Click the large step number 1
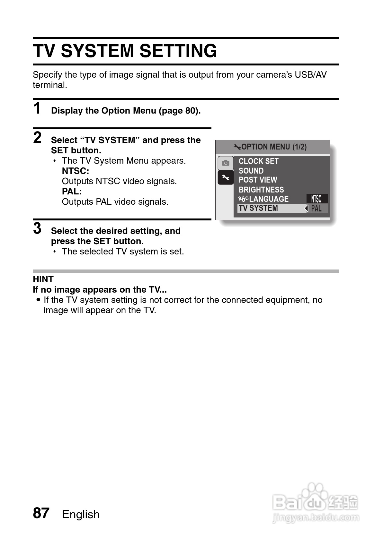click(x=37, y=108)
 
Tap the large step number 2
click(x=37, y=138)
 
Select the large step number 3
click(x=37, y=228)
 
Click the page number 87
click(x=41, y=513)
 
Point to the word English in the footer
click(x=81, y=514)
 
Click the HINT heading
click(x=43, y=279)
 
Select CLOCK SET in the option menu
click(x=258, y=161)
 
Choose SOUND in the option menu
click(x=251, y=171)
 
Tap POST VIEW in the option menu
click(x=258, y=180)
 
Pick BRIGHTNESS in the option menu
click(x=261, y=190)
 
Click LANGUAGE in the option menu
click(x=268, y=199)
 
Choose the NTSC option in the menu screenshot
click(x=316, y=199)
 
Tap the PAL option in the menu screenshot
click(x=316, y=209)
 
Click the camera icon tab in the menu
click(x=226, y=163)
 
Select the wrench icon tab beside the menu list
click(x=226, y=177)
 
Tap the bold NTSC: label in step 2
click(x=76, y=171)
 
